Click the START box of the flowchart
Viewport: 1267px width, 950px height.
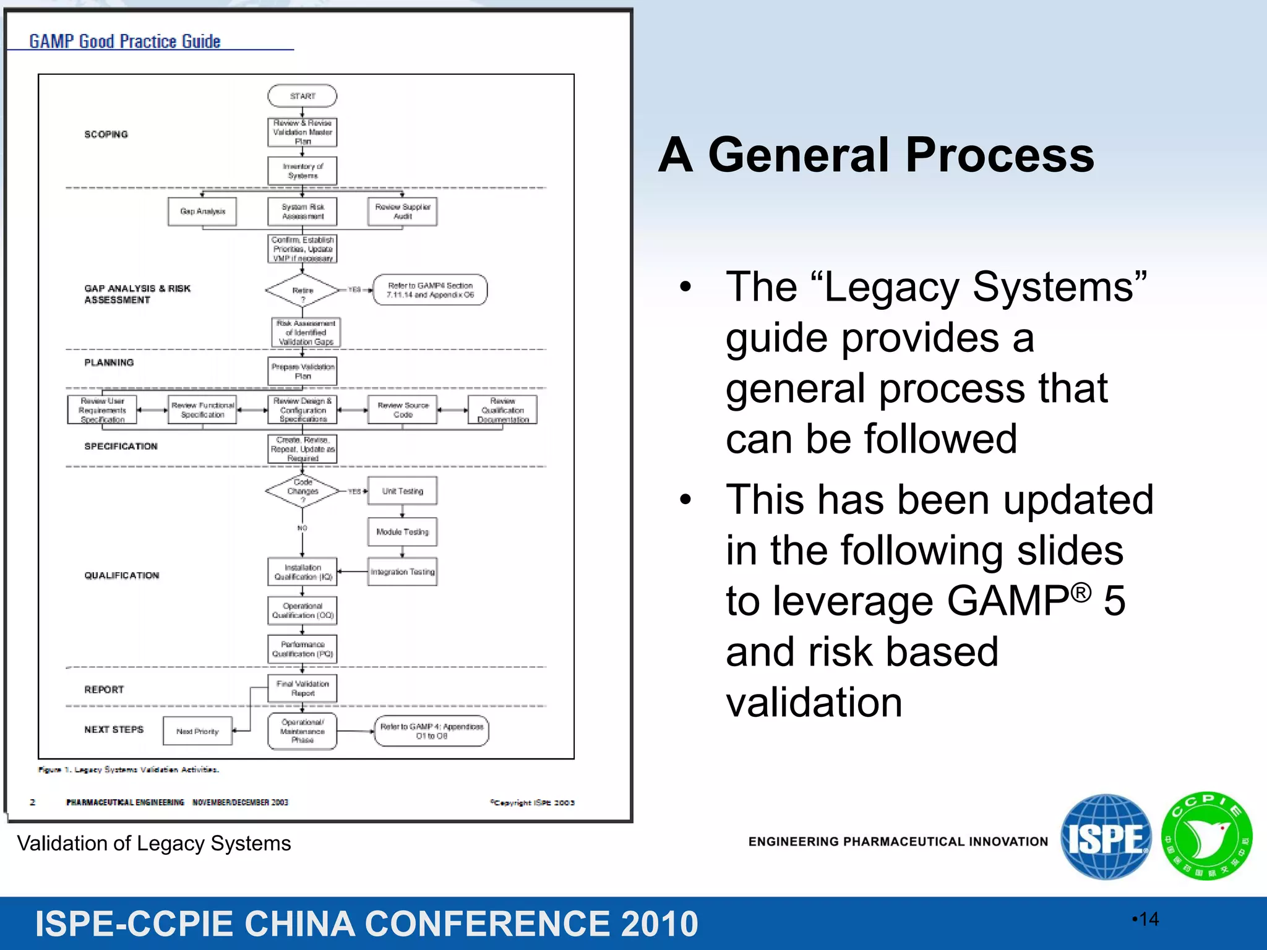coord(302,96)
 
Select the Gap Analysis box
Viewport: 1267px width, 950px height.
coord(202,212)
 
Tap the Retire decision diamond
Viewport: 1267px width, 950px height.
coord(303,290)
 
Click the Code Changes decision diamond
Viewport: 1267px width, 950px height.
coord(303,491)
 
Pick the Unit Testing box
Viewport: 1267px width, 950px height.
coord(402,491)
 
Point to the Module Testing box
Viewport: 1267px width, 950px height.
coord(402,532)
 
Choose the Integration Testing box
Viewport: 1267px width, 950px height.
coord(402,572)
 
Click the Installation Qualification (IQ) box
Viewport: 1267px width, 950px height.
coord(303,572)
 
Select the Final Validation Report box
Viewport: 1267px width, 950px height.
coord(303,688)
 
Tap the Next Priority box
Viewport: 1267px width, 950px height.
coord(197,731)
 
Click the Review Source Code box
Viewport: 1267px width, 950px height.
coord(402,410)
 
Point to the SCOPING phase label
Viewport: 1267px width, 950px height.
coord(106,134)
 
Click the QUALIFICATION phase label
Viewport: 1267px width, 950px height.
coord(121,575)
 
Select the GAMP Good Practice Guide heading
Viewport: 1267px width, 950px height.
coord(125,41)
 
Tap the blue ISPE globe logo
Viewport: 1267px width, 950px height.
coord(1106,837)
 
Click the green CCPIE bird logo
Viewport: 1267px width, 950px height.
coord(1206,837)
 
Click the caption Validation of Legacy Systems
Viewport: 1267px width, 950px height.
coord(153,844)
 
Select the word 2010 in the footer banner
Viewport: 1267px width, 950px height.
coord(659,924)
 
